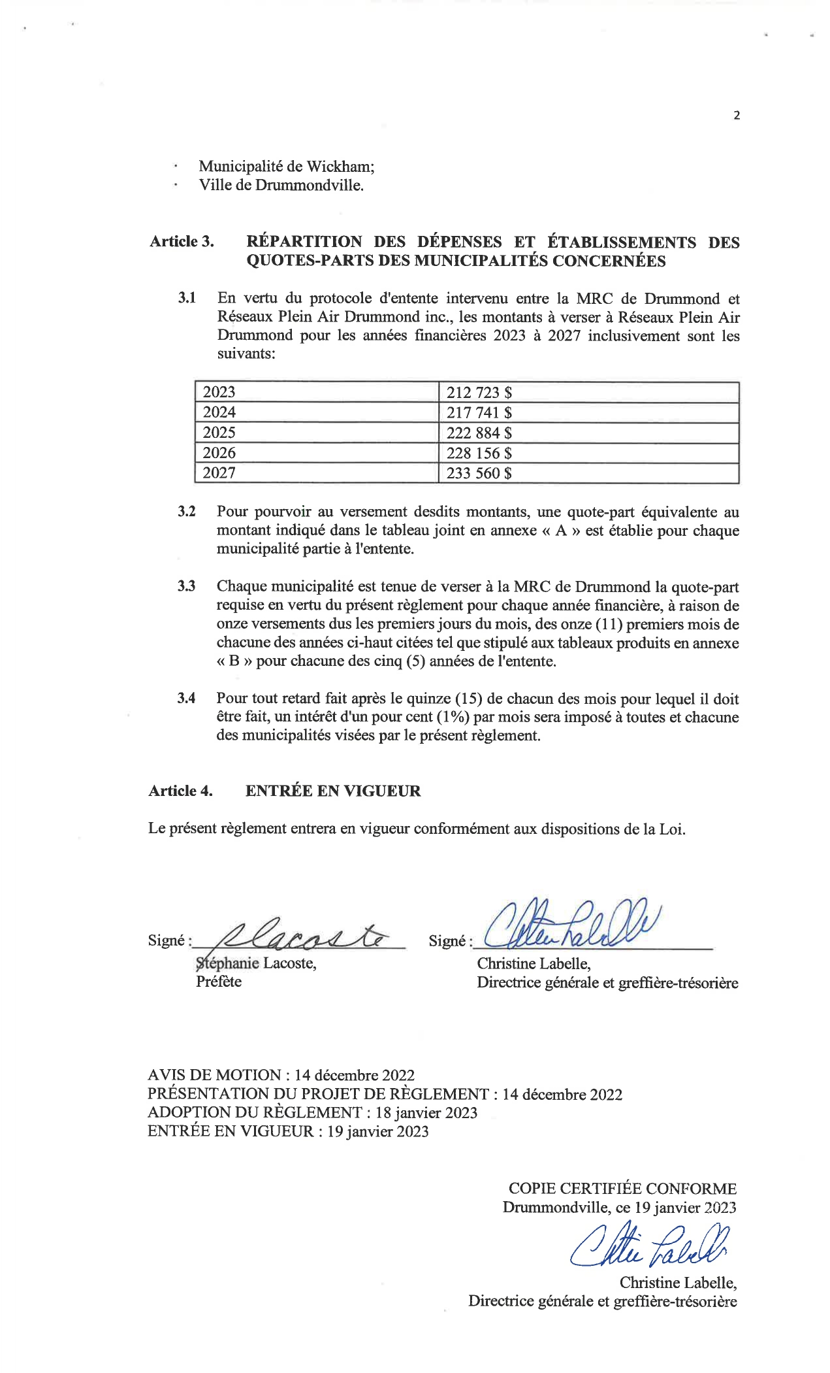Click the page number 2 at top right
click(x=737, y=116)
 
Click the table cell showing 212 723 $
click(x=479, y=392)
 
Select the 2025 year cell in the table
click(x=219, y=433)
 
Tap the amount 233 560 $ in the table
click(x=479, y=473)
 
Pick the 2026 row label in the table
click(x=219, y=453)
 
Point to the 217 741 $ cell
click(x=479, y=412)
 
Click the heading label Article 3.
click(x=182, y=242)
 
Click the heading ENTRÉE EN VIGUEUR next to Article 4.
click(x=333, y=791)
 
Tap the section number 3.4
click(x=186, y=699)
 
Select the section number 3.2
click(x=187, y=511)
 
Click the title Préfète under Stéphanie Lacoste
click(x=219, y=982)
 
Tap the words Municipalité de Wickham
click(x=287, y=167)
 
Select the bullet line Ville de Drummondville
click(x=281, y=185)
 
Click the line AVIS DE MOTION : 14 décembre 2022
click(x=281, y=1075)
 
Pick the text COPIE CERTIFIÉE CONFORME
click(x=622, y=1189)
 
